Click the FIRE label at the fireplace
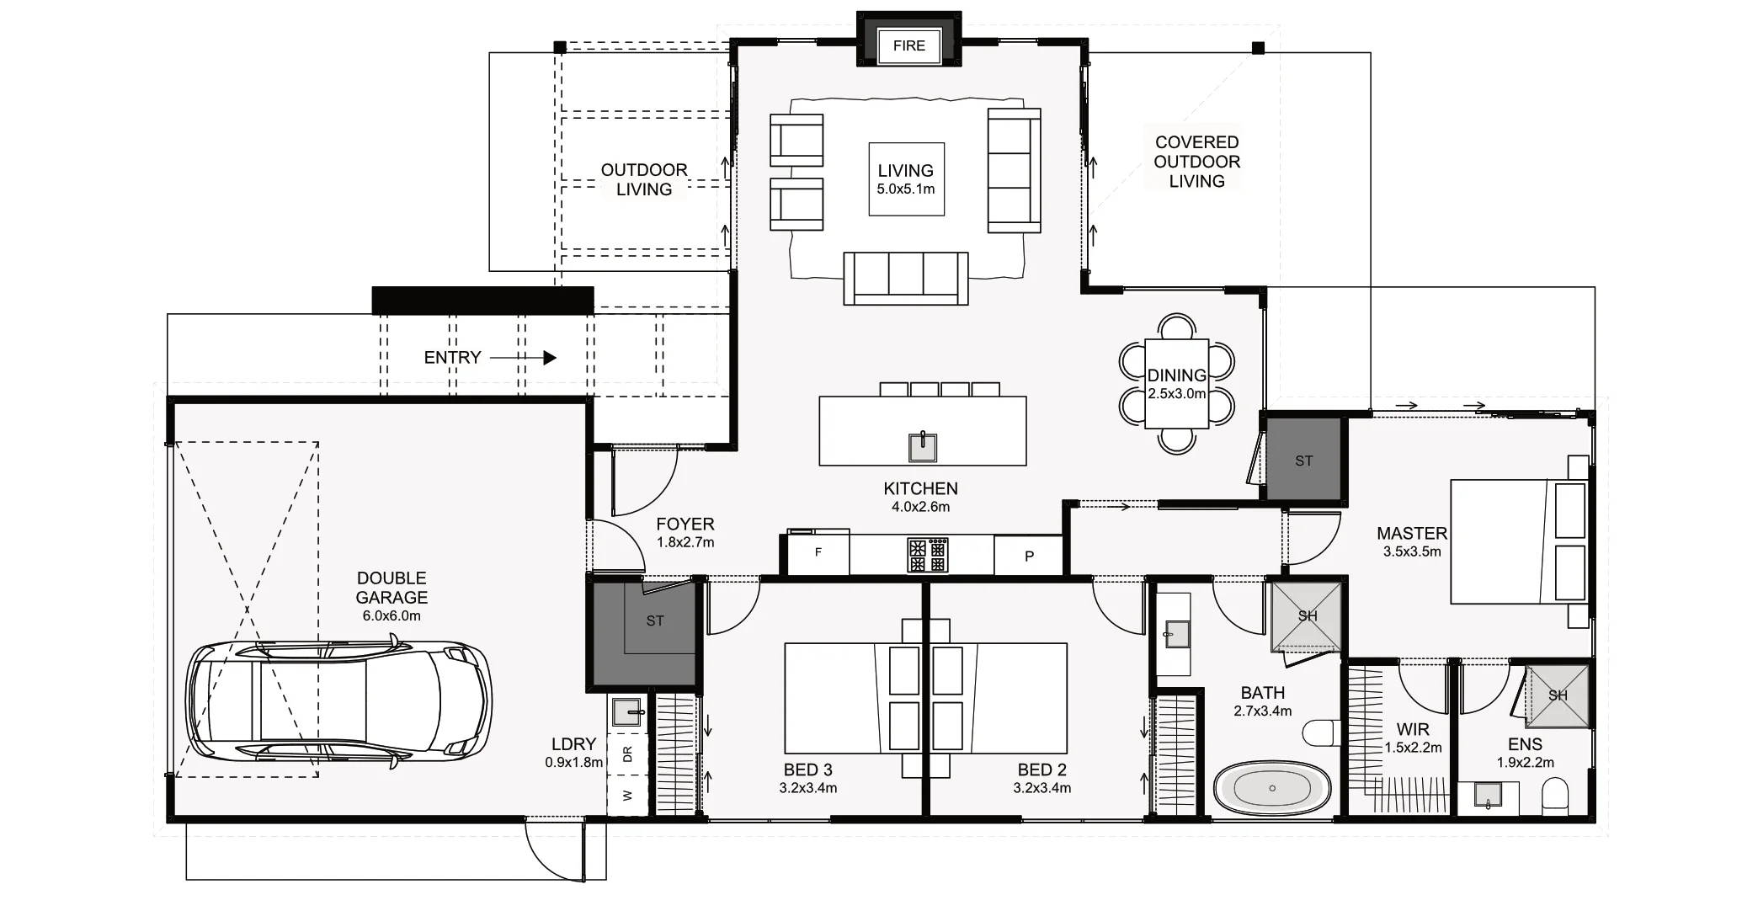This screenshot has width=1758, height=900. coord(908,45)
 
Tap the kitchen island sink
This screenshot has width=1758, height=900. coord(923,447)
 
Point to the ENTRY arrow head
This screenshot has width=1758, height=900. coord(550,358)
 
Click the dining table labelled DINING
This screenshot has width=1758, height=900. coord(1176,383)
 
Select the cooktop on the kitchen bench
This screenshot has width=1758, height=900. coord(927,555)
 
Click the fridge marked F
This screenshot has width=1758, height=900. coord(818,553)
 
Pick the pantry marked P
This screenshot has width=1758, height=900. coord(1028,556)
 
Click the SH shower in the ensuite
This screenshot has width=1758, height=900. coord(1558,696)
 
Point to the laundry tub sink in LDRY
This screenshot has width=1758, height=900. coord(627,712)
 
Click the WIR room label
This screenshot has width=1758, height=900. coord(1412,730)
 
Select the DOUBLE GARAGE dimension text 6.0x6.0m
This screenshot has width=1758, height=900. coord(392,615)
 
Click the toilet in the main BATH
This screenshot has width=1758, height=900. coord(1320,732)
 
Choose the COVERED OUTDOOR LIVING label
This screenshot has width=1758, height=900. coord(1196,162)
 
